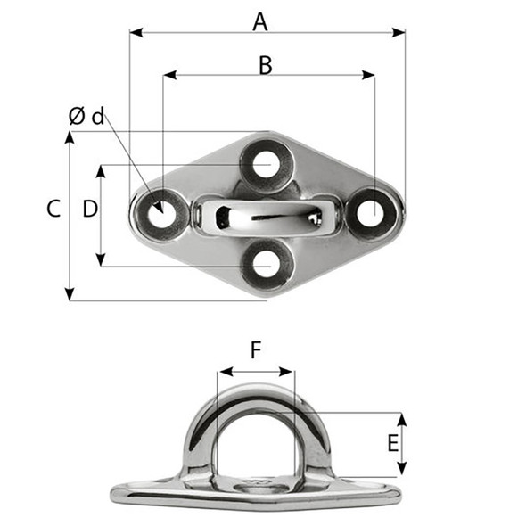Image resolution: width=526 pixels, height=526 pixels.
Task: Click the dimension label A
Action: click(x=259, y=21)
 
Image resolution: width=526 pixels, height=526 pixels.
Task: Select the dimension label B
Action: click(x=265, y=64)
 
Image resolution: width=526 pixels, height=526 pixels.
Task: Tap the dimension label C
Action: click(x=53, y=210)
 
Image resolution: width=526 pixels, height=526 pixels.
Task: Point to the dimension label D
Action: click(x=89, y=210)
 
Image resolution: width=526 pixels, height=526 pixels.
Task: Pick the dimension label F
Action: click(x=256, y=351)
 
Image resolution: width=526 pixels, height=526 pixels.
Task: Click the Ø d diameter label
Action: click(x=86, y=116)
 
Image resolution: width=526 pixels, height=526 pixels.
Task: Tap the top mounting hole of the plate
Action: click(x=265, y=165)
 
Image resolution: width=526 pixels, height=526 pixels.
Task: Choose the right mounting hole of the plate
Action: click(x=370, y=212)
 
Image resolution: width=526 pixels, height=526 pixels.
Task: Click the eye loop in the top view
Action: click(x=265, y=216)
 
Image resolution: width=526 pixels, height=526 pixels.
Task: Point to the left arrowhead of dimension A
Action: click(x=135, y=34)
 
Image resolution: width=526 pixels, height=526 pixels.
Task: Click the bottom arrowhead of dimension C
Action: click(x=70, y=295)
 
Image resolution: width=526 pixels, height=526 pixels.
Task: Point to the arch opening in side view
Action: click(x=256, y=437)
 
